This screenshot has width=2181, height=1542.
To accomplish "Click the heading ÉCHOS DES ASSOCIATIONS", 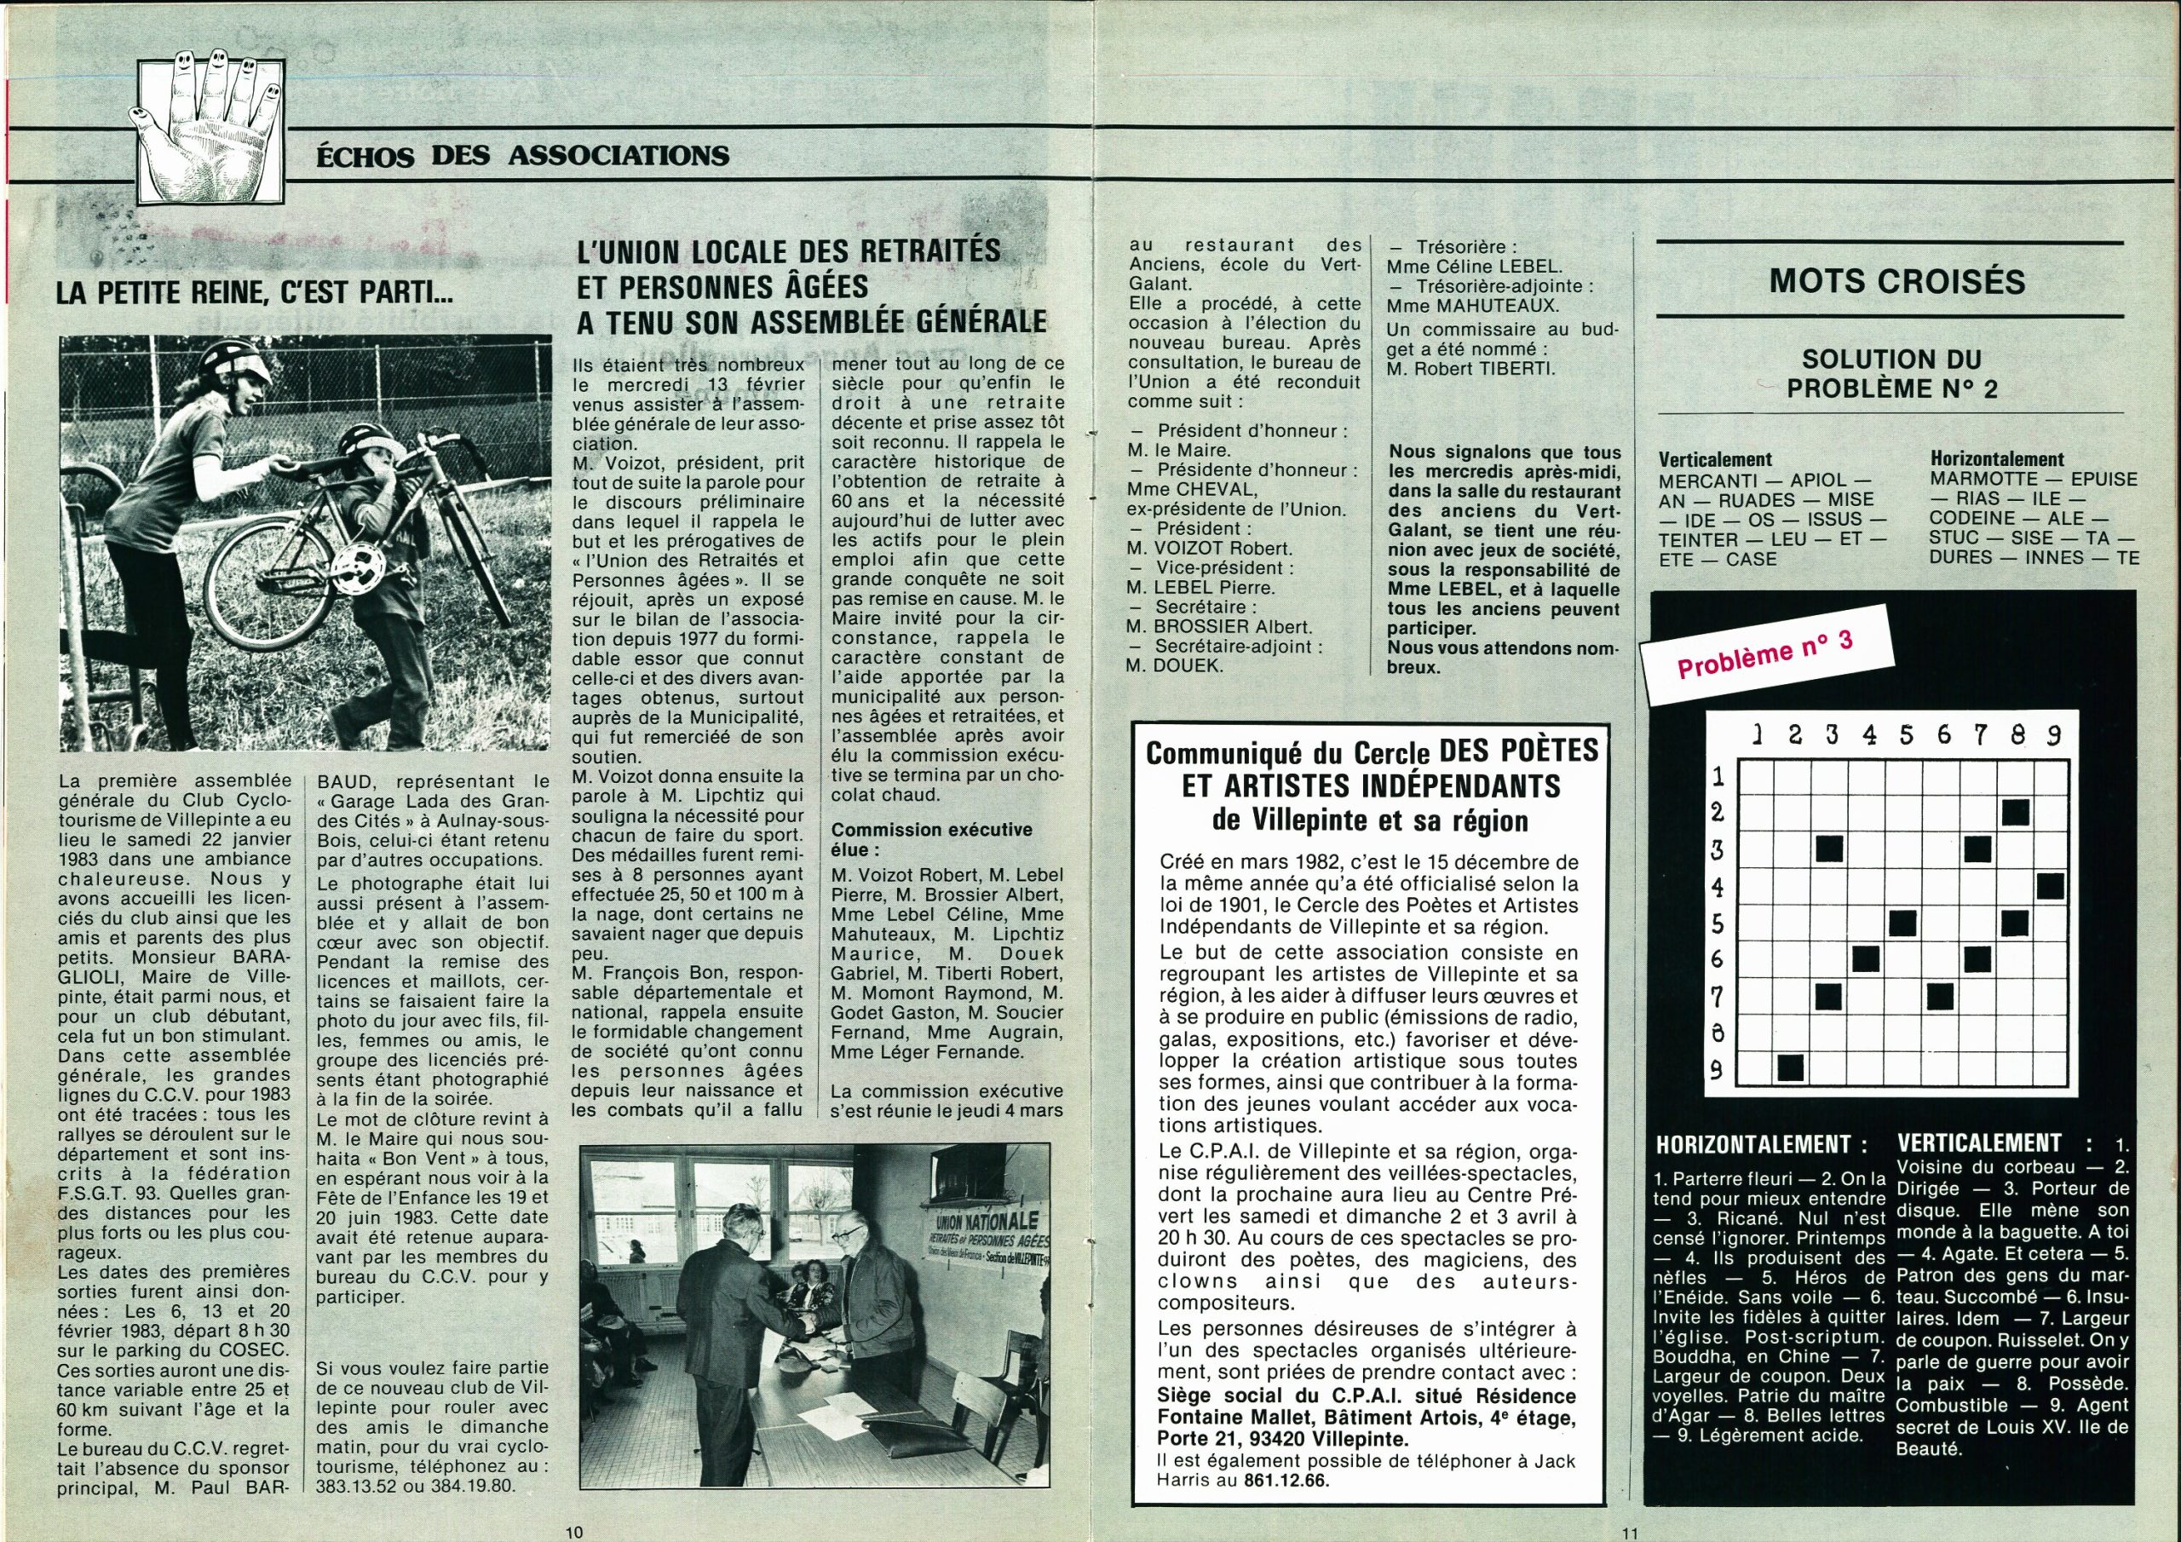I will click(522, 156).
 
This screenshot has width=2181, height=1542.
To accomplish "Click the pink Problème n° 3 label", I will click(1765, 656).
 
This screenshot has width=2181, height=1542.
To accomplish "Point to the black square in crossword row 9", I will click(1791, 1069).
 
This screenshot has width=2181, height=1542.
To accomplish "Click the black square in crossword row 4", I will click(2050, 886).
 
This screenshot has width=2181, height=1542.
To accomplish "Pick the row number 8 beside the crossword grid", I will click(1718, 1032).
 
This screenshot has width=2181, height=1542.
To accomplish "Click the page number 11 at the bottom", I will click(1630, 1532).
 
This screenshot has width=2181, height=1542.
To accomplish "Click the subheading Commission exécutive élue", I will click(930, 839).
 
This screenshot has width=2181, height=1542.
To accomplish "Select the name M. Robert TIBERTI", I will click(1470, 369).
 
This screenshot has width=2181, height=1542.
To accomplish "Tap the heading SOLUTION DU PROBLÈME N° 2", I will click(1891, 373).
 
